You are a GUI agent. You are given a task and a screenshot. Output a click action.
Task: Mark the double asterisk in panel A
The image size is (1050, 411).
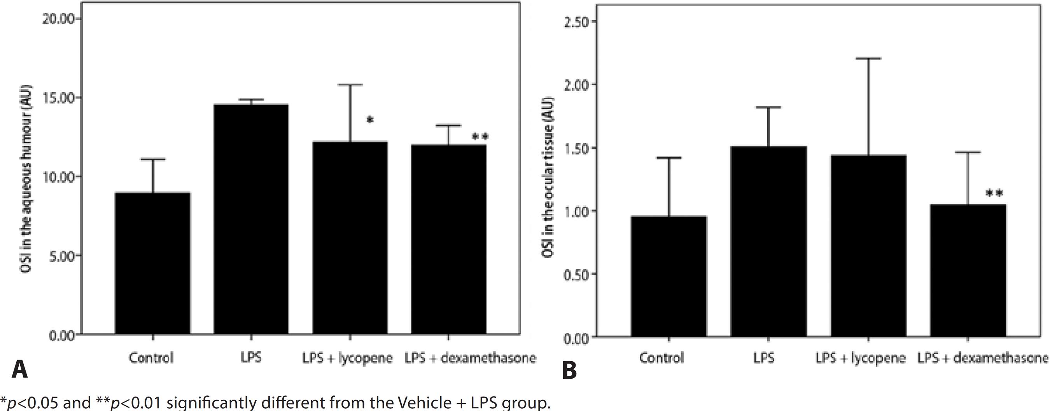click(x=480, y=137)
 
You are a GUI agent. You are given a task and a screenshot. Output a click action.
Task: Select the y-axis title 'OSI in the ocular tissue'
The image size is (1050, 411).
click(x=548, y=177)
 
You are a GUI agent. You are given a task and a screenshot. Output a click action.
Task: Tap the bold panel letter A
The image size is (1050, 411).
click(x=19, y=369)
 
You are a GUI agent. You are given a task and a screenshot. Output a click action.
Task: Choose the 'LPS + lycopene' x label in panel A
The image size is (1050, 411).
click(x=347, y=358)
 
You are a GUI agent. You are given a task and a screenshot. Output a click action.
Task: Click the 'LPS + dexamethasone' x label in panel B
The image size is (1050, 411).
click(x=982, y=358)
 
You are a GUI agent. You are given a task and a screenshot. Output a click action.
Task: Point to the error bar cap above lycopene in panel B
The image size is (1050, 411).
click(x=868, y=59)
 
